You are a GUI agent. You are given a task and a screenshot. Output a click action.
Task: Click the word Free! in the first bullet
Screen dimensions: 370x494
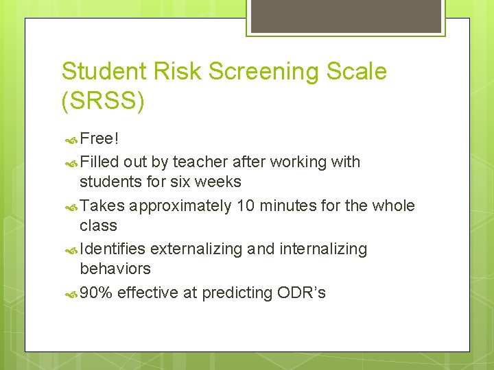point(99,139)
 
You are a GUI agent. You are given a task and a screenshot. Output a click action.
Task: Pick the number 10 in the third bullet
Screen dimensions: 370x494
point(246,206)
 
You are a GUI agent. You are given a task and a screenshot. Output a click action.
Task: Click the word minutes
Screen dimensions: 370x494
point(288,206)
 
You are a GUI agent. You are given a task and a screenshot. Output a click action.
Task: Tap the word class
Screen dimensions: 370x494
point(98,225)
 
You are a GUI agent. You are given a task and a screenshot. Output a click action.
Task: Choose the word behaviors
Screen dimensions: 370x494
point(115,269)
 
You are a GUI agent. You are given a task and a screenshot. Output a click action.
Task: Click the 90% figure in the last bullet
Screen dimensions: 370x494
point(96,293)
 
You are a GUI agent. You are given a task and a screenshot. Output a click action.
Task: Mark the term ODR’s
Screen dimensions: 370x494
point(301,293)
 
